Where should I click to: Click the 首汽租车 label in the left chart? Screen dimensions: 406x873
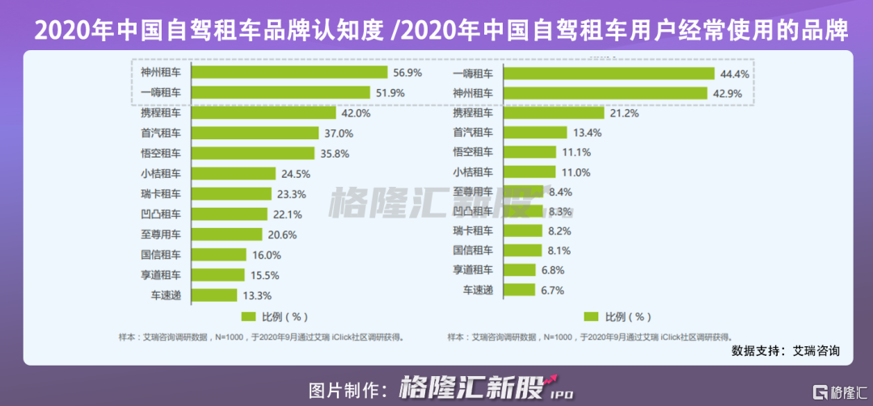(x=159, y=133)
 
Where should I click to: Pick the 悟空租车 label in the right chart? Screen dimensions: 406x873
(x=473, y=152)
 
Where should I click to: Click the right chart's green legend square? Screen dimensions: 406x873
(x=591, y=316)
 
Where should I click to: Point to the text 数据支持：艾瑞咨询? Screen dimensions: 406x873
(x=785, y=351)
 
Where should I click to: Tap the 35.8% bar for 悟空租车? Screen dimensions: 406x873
(x=253, y=153)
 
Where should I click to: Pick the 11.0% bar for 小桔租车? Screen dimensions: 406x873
(x=529, y=171)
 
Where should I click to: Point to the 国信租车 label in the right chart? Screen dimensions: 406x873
(x=473, y=250)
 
